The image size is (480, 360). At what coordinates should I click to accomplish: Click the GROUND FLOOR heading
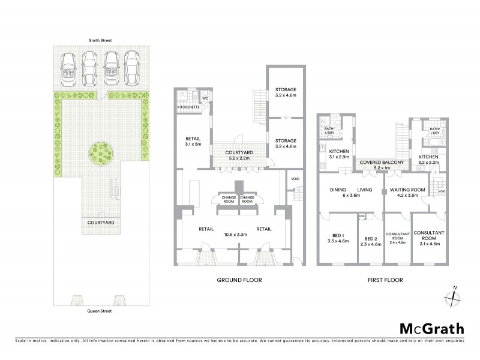[239, 280]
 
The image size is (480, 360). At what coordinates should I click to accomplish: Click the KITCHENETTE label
[188, 107]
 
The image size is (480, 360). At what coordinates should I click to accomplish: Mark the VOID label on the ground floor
[295, 178]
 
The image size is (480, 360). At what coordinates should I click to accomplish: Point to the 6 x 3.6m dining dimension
[350, 196]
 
